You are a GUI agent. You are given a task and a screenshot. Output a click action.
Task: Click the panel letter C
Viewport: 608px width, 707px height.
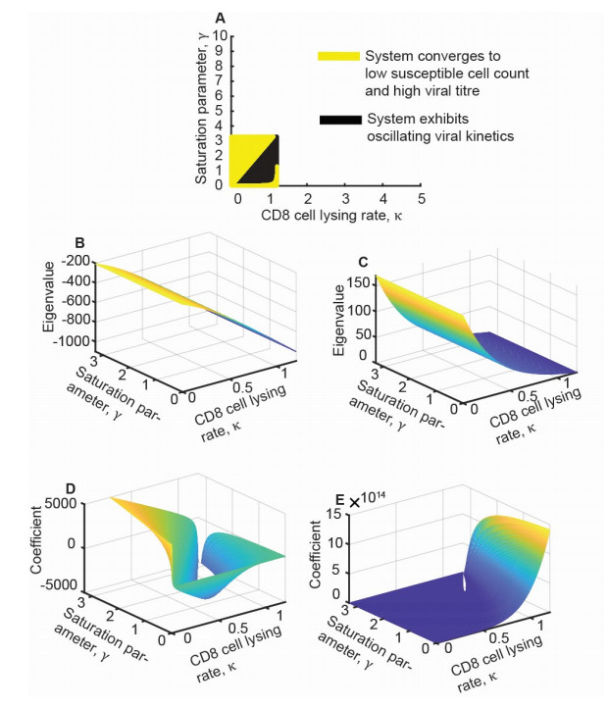click(x=365, y=265)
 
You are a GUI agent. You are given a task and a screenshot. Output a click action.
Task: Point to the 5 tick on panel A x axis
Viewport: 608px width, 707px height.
click(x=421, y=197)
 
